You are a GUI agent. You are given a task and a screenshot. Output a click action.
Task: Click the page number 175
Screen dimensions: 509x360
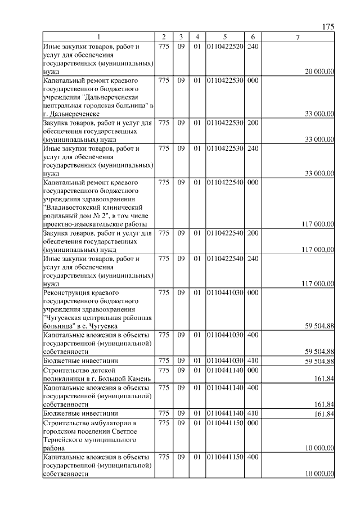tap(328, 27)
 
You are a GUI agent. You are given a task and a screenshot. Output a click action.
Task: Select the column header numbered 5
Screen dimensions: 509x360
tap(224, 37)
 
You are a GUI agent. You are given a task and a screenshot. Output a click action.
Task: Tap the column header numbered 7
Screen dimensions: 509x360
tap(298, 37)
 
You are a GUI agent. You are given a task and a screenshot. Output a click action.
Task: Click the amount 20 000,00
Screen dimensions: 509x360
tap(319, 72)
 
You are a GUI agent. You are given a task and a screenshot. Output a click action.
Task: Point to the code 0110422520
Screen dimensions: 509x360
tap(225, 46)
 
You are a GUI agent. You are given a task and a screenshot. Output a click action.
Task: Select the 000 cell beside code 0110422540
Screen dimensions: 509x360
tap(253, 182)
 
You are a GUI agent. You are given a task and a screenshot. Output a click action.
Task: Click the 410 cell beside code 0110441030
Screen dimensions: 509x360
tap(253, 361)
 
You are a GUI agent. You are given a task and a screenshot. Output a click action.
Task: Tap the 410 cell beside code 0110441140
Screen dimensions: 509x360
tap(253, 414)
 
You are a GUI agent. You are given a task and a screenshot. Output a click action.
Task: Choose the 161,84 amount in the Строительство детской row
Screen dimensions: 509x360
tap(325, 379)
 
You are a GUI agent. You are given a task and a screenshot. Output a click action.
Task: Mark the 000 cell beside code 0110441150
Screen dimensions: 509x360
tap(253, 422)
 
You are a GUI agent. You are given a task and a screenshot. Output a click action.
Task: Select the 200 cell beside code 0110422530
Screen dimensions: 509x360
tap(253, 123)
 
